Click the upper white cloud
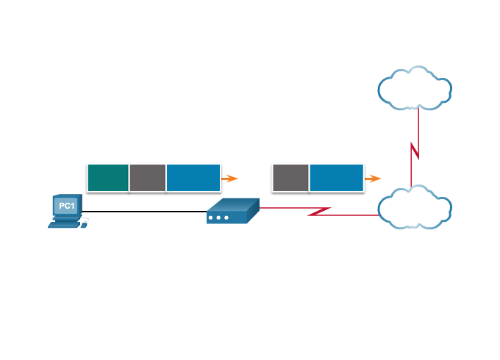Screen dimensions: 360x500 [x=415, y=89]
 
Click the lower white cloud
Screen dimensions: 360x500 [x=415, y=208]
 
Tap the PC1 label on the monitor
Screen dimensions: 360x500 [x=66, y=206]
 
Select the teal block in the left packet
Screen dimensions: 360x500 [x=108, y=178]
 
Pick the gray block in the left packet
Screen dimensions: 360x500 [x=148, y=178]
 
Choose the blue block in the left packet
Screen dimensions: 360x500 [x=193, y=178]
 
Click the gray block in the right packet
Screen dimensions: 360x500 [x=290, y=178]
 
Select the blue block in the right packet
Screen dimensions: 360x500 [x=337, y=178]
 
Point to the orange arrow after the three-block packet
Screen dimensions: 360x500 [x=231, y=179]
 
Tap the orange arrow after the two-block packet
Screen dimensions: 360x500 [x=374, y=179]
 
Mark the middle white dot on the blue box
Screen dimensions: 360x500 [x=218, y=217]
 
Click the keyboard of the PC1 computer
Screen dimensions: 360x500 [x=65, y=224]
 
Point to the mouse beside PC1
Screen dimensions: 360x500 [x=84, y=225]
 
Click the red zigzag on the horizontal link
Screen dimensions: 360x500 [x=319, y=212]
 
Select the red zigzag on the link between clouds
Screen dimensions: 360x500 [x=415, y=151]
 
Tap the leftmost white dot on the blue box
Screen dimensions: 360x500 [x=211, y=217]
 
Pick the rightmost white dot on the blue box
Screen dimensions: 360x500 [x=226, y=217]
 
